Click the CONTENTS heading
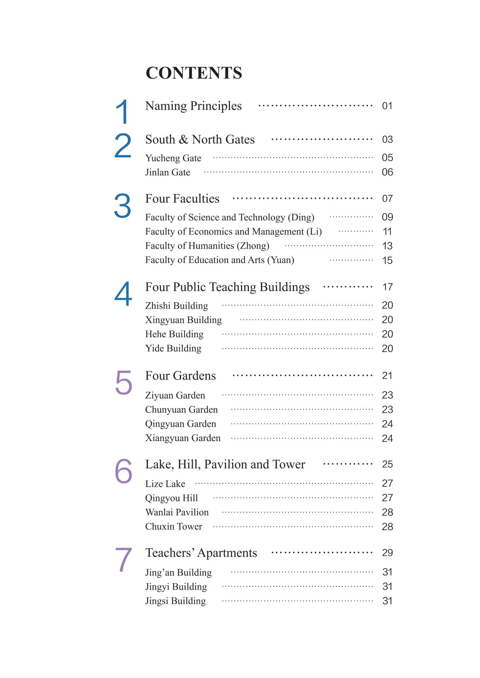coord(194,73)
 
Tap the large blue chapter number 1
coord(122,112)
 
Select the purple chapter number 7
coord(124,559)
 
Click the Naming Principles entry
coord(193,106)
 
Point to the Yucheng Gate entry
coord(173,158)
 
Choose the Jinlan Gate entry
coord(168,172)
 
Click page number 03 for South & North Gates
coord(387,139)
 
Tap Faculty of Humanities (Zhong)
coord(207,246)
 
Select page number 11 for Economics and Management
coord(387,232)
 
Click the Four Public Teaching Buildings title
coord(227,287)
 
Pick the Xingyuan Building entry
coord(184,320)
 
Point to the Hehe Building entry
coord(174,334)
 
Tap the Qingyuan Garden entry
coord(181,424)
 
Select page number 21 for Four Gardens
coord(387,376)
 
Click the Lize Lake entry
coord(165,484)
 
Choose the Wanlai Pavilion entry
coord(177,512)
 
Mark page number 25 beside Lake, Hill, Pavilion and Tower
coord(387,464)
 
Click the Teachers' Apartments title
coord(201,553)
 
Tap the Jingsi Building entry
coord(175,601)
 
